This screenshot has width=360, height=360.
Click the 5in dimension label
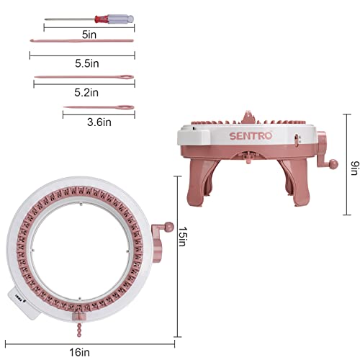pos(89,35)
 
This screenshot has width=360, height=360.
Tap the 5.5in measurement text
pos(87,63)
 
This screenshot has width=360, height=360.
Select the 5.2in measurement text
pos(86,92)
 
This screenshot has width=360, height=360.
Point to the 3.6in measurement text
pos(99,122)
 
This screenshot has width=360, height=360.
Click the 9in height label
pos(355,168)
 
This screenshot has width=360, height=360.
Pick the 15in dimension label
pos(182,237)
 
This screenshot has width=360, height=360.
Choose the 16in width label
pos(80,353)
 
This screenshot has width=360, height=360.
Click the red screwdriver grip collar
pos(102,19)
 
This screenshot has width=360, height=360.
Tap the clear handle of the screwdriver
pos(121,19)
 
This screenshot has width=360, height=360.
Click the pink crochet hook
pos(81,41)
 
